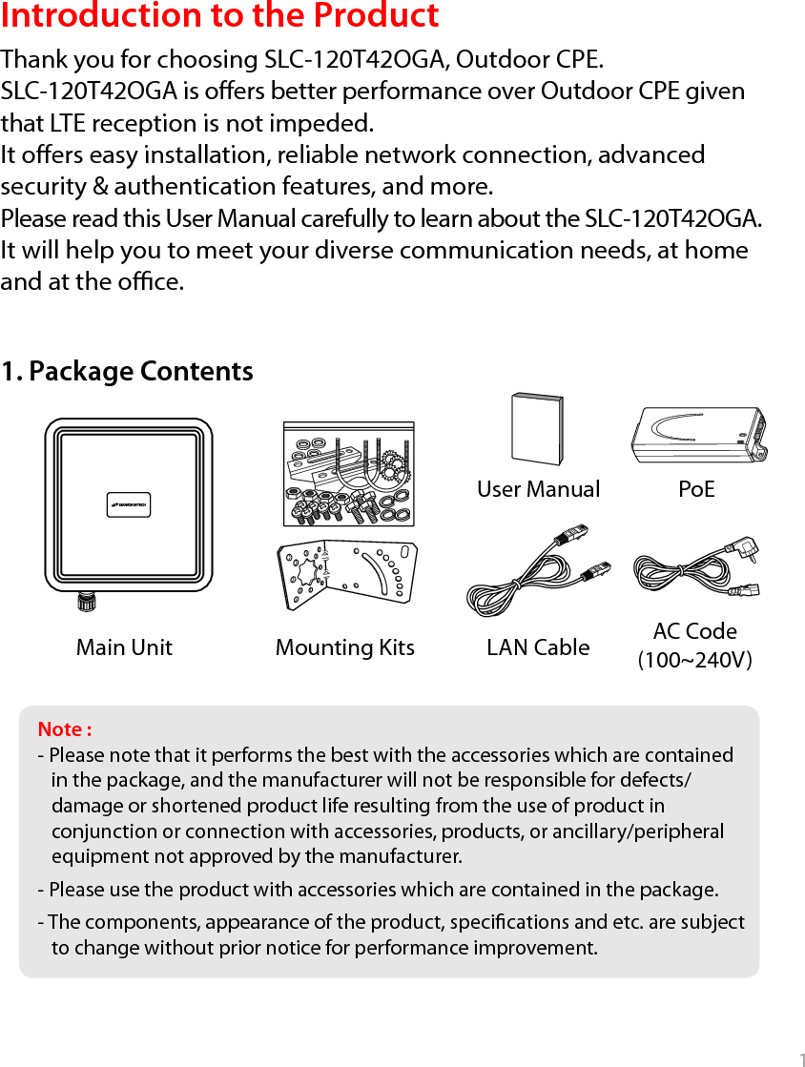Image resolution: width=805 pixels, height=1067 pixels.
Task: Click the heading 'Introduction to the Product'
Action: tap(220, 16)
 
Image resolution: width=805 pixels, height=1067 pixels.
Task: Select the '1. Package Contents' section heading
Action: tap(127, 371)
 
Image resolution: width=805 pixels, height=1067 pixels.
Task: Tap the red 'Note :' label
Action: tap(65, 729)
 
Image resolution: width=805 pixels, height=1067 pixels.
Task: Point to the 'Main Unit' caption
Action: tap(124, 647)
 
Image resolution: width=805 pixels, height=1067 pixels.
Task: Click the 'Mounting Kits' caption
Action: tap(344, 647)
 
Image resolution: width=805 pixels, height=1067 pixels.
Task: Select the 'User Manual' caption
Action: tap(538, 489)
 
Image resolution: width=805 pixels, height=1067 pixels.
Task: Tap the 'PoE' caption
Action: tap(696, 489)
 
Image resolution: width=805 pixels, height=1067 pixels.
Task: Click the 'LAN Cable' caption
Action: tap(538, 647)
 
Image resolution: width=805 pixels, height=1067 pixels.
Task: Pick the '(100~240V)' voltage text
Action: tap(694, 660)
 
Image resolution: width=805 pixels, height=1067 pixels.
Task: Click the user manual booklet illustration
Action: tap(537, 428)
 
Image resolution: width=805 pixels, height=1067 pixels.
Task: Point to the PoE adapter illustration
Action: tap(698, 435)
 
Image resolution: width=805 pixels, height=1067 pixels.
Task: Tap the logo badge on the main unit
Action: tap(129, 505)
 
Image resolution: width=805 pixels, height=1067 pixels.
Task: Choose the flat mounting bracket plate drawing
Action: tap(347, 576)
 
